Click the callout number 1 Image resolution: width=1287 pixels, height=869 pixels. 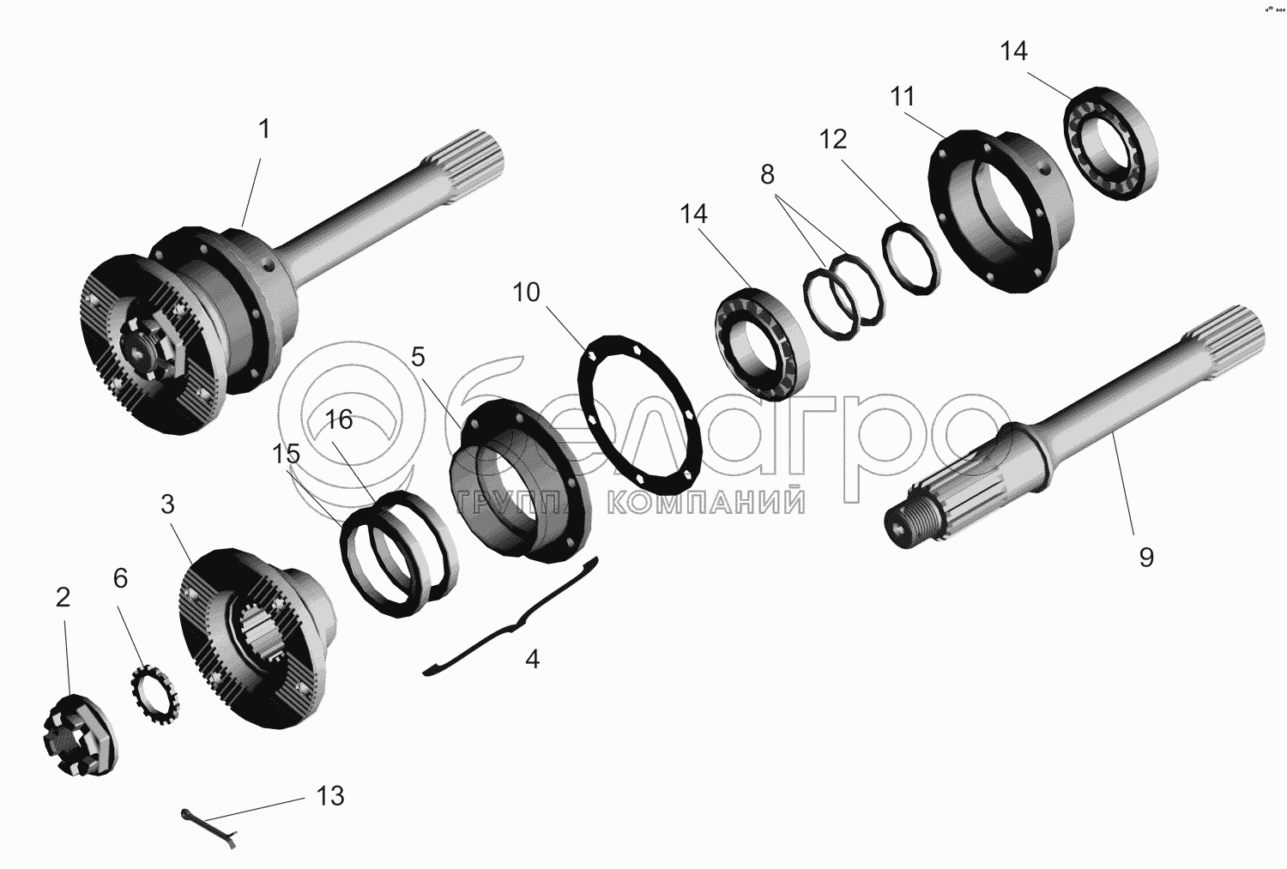pos(263,129)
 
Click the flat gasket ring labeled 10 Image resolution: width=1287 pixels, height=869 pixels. pos(639,414)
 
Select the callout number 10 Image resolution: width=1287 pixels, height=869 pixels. pos(526,293)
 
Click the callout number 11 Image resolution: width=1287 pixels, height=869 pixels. pos(902,96)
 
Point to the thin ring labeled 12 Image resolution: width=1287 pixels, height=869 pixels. pos(911,257)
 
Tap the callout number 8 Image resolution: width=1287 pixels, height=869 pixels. pos(768,174)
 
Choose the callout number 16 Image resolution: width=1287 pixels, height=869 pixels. pos(338,419)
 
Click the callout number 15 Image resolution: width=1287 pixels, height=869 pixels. pos(286,454)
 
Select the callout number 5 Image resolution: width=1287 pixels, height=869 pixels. pos(418,357)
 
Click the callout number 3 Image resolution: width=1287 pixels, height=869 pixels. pos(167,504)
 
